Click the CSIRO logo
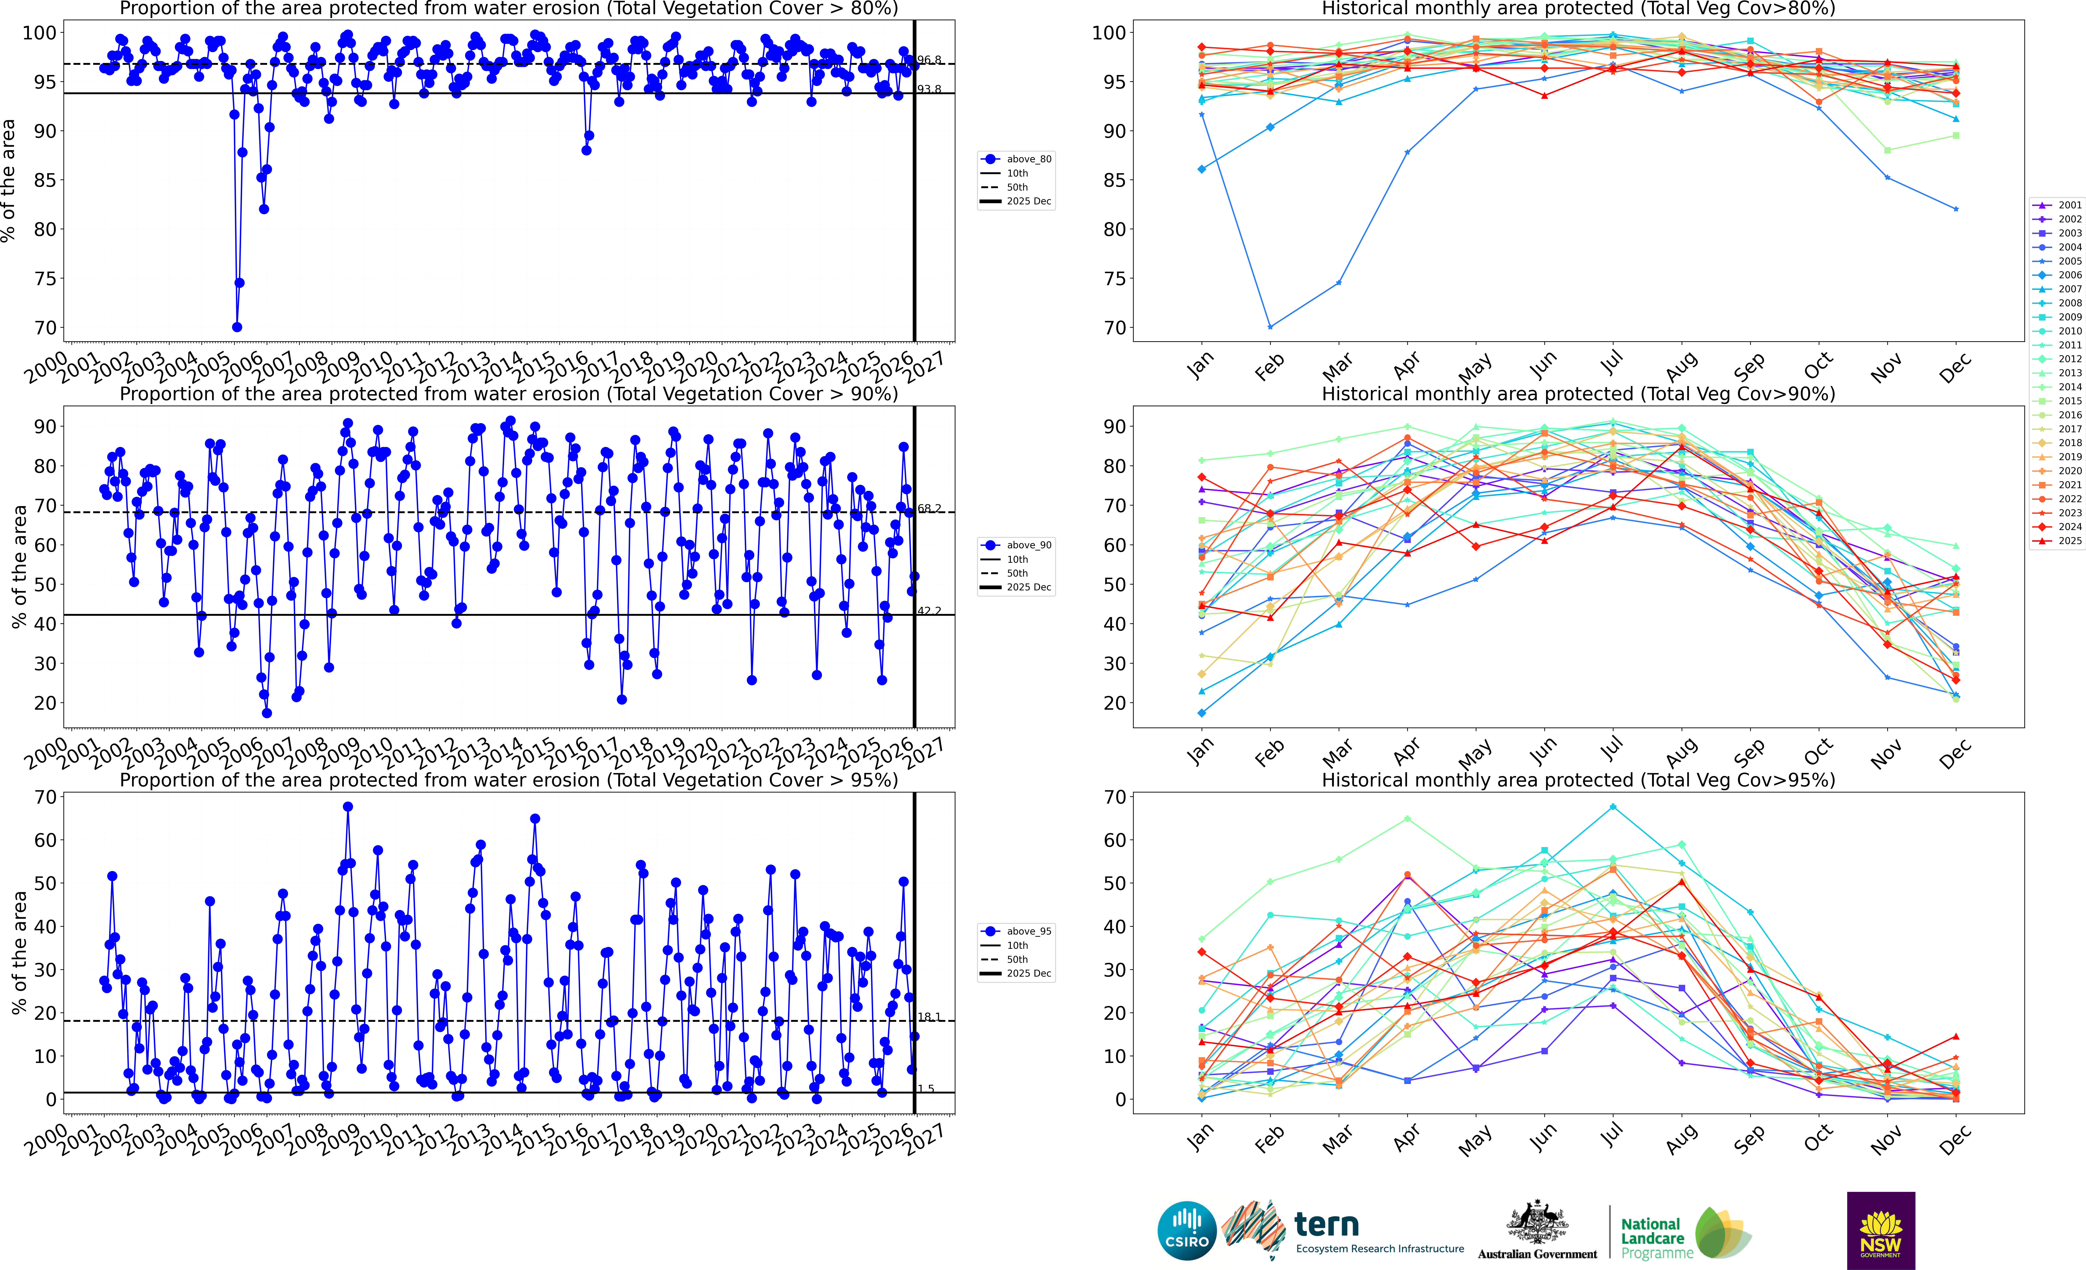coord(1187,1230)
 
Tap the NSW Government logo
coord(1880,1230)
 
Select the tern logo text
coord(1327,1224)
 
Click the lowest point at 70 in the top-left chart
coord(237,327)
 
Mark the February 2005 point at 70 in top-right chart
coord(1270,327)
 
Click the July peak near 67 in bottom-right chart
coord(1613,807)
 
